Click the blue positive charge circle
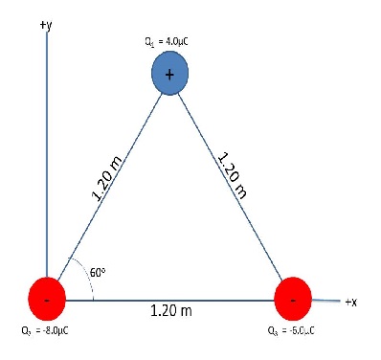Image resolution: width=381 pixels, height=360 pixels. (170, 74)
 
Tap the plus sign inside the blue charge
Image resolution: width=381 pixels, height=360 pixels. (170, 75)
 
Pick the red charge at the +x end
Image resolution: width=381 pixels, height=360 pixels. (294, 299)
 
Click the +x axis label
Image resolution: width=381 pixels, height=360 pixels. (350, 302)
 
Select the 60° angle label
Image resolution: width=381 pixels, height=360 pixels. (97, 272)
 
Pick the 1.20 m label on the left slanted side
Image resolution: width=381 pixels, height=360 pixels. (107, 181)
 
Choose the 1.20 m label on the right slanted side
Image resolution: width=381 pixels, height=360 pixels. (233, 173)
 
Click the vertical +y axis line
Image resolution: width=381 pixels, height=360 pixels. (47, 144)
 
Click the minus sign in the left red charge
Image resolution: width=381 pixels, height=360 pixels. (48, 301)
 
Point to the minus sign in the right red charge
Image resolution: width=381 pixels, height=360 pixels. (293, 300)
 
